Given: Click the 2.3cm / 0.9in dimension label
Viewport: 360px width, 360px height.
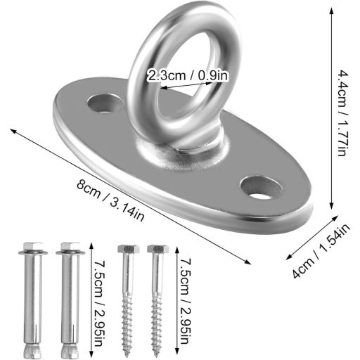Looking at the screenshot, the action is [x=188, y=75].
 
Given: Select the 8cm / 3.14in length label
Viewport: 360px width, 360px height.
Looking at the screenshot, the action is [x=110, y=200].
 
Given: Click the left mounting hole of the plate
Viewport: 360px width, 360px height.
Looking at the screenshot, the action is [x=104, y=103].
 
